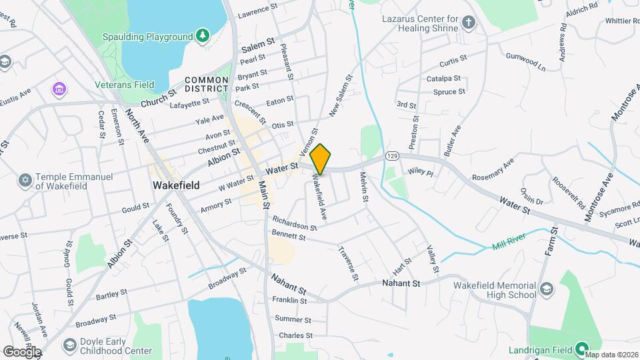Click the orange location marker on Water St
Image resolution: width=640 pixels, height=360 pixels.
pos(321,159)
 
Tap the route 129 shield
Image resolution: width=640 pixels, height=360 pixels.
pos(391,155)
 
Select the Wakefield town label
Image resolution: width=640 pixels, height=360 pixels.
pos(176,185)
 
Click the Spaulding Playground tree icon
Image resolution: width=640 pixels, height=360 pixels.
pos(202,35)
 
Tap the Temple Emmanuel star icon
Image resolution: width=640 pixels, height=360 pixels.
pos(26,181)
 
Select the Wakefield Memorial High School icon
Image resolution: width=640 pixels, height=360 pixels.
pos(547,289)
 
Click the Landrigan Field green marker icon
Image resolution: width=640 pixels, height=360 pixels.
pos(581,347)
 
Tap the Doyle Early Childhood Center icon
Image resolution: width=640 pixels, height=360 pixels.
pos(69,345)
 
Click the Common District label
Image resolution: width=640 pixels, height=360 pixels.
pos(207,84)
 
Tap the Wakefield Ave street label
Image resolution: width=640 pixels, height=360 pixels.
pos(319,197)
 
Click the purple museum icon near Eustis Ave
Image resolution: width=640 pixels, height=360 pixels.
pos(59,88)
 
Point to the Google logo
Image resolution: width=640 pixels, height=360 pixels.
pos(21,351)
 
